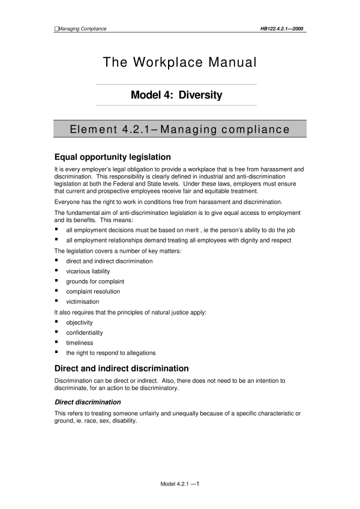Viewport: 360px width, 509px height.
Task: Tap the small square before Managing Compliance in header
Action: click(56, 28)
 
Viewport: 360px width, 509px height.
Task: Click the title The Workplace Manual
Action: click(180, 62)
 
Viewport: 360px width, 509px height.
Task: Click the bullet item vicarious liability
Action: click(88, 271)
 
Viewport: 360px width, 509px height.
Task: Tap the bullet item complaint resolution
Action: click(93, 291)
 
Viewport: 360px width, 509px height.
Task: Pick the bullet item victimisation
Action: click(83, 301)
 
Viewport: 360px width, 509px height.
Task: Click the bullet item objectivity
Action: click(80, 322)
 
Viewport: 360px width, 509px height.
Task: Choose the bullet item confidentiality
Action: click(85, 333)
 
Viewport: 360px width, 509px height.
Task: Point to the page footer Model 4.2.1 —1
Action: click(179, 483)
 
